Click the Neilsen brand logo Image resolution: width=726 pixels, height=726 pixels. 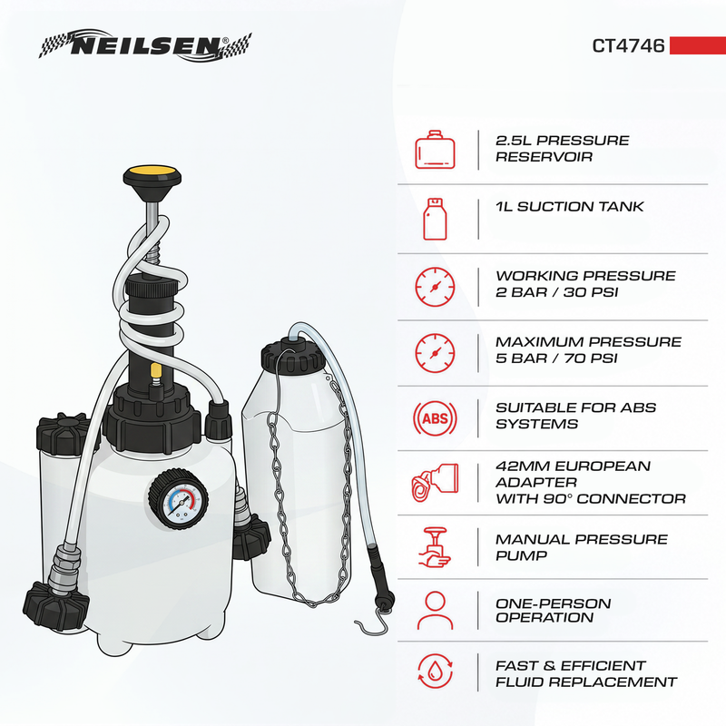[x=145, y=45]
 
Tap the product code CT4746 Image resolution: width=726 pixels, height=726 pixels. [x=628, y=46]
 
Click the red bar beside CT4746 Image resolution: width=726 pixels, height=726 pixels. [x=697, y=45]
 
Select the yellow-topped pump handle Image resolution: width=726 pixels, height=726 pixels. [x=152, y=176]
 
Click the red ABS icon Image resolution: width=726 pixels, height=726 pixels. [x=435, y=418]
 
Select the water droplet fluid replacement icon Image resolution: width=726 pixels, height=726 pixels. [x=435, y=672]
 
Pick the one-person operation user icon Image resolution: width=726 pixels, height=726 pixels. [x=435, y=610]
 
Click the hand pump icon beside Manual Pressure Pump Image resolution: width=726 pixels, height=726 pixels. [x=435, y=548]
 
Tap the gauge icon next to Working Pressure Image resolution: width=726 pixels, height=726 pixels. [x=435, y=287]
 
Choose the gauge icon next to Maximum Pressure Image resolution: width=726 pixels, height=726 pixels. [x=435, y=353]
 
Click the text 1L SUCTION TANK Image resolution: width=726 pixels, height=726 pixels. [x=569, y=207]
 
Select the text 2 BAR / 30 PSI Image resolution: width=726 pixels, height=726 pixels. [x=556, y=292]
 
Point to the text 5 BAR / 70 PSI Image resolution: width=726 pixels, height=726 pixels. [x=556, y=358]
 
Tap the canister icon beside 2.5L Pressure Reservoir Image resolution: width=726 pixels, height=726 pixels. [x=435, y=150]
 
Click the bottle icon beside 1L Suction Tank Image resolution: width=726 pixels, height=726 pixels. [x=435, y=219]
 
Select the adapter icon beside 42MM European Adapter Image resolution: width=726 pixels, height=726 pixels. [x=435, y=483]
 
